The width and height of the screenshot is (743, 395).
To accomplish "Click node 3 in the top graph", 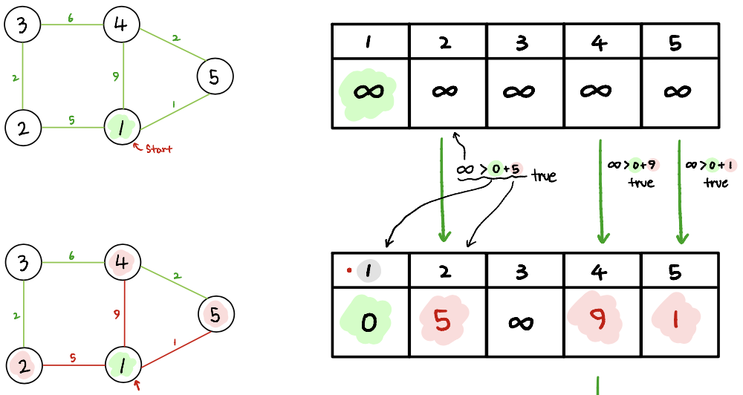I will [x=22, y=26].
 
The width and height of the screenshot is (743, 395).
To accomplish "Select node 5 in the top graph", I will [x=215, y=76].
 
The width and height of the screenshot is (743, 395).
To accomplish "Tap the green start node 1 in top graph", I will [x=120, y=128].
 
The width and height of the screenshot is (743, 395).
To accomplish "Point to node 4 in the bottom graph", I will [x=121, y=263].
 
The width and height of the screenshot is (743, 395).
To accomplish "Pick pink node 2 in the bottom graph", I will [x=23, y=365].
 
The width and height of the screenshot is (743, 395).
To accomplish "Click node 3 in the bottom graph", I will [x=23, y=263].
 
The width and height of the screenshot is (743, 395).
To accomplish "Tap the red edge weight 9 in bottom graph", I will [x=116, y=314].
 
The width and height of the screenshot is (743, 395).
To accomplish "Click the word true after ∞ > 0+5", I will [x=544, y=177].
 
